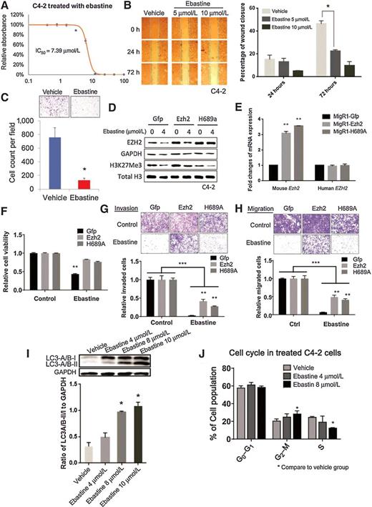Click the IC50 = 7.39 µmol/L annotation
[x=47, y=51]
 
